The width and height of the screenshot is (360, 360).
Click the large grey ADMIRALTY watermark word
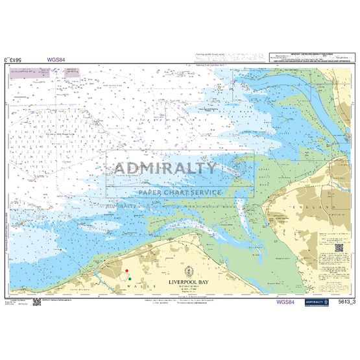click(166, 169)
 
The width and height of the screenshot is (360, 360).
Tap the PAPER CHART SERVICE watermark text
click(179, 192)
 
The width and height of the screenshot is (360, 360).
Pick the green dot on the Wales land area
click(130, 279)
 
